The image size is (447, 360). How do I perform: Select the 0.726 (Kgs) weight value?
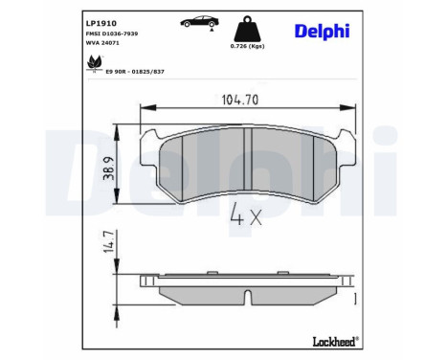coord(245,46)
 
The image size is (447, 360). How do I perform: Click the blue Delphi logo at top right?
coord(323,33)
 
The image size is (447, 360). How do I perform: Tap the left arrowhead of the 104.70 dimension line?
coord(145,108)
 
